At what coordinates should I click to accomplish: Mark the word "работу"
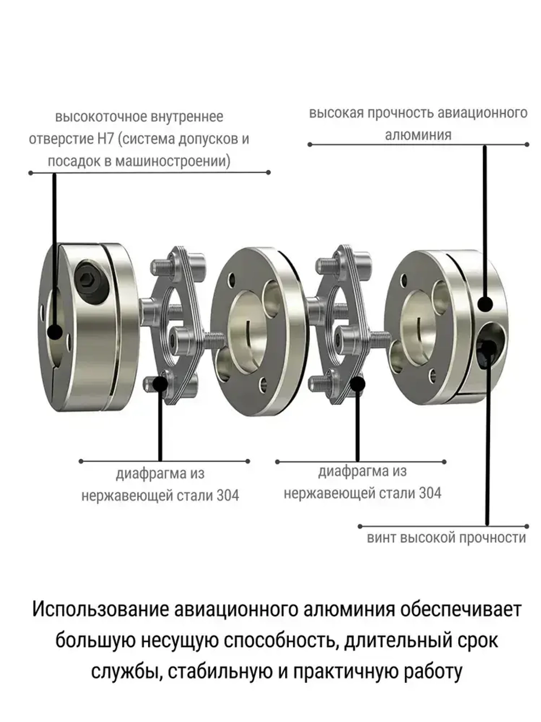[x=433, y=672]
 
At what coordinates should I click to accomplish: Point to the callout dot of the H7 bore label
[x=55, y=331]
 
